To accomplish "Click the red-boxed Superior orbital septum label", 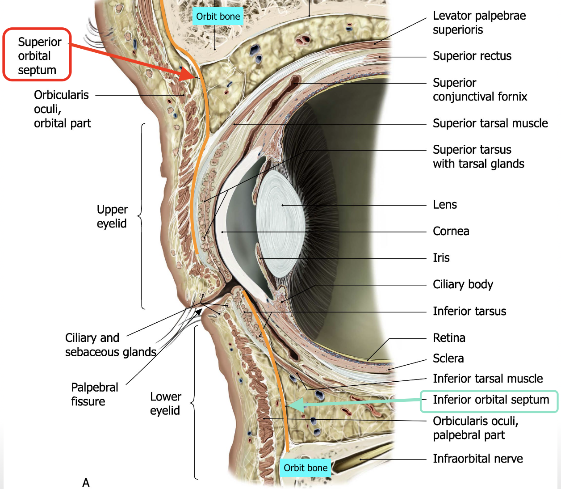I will click(x=37, y=55).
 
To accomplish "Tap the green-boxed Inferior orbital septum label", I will click(x=490, y=400).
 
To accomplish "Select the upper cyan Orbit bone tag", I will click(x=218, y=17).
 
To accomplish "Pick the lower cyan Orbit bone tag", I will click(x=306, y=468).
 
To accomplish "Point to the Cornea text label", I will click(x=451, y=231).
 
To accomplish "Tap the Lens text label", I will click(x=444, y=205).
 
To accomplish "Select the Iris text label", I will click(x=441, y=258).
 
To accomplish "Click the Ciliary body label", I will click(x=463, y=285).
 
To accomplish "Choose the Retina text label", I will click(x=449, y=338).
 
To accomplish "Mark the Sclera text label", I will click(x=448, y=358).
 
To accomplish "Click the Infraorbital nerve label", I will click(x=477, y=459).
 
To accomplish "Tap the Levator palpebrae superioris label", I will click(x=479, y=23).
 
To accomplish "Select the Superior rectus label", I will click(x=472, y=56).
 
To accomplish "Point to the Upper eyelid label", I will click(x=112, y=216).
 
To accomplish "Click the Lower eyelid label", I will click(x=165, y=404).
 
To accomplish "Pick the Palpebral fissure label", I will click(x=95, y=394).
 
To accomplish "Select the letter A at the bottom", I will click(x=86, y=483).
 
